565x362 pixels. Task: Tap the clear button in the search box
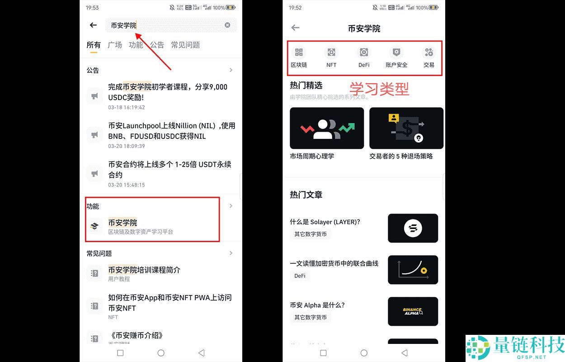[x=227, y=25]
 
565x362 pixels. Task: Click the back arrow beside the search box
[x=93, y=25]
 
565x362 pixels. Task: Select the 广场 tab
[x=115, y=45]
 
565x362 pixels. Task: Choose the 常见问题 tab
[x=185, y=45]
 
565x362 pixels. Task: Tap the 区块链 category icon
[x=299, y=52]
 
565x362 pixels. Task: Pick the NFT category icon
[x=331, y=52]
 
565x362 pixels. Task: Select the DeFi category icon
[x=364, y=52]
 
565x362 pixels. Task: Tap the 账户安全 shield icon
[x=396, y=52]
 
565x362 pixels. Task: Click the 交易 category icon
[x=429, y=52]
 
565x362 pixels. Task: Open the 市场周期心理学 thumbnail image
[x=327, y=128]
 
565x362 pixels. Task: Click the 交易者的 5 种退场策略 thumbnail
[x=406, y=128]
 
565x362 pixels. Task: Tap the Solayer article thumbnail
[x=413, y=228]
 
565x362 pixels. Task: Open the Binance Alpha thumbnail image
[x=413, y=311]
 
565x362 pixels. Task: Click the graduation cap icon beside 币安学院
[x=94, y=226]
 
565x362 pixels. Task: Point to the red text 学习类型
[x=379, y=89]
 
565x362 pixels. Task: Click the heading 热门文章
[x=306, y=195]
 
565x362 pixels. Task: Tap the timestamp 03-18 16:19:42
[x=127, y=108]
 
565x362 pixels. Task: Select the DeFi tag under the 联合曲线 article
[x=300, y=276]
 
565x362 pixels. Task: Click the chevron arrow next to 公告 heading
[x=231, y=70]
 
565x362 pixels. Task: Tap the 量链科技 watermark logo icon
[x=479, y=348]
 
